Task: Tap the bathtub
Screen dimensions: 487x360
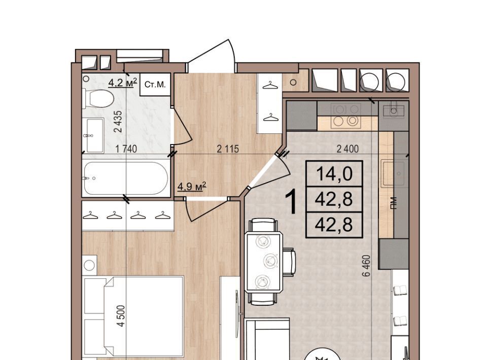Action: click(126, 178)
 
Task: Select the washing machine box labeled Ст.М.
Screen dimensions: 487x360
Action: click(155, 84)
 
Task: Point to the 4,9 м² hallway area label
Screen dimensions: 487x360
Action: click(192, 186)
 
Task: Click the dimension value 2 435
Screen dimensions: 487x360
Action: click(118, 122)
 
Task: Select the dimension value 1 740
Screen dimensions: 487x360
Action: click(126, 149)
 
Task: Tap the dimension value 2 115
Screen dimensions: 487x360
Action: click(228, 149)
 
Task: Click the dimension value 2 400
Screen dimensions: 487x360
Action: click(347, 149)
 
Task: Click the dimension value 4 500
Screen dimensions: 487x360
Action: click(121, 315)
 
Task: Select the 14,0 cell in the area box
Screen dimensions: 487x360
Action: click(334, 173)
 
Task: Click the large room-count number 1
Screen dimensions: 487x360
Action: click(292, 202)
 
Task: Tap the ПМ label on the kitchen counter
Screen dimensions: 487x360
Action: click(394, 204)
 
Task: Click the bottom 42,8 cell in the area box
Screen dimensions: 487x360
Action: click(334, 225)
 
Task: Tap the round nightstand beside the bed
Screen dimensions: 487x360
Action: click(89, 265)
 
